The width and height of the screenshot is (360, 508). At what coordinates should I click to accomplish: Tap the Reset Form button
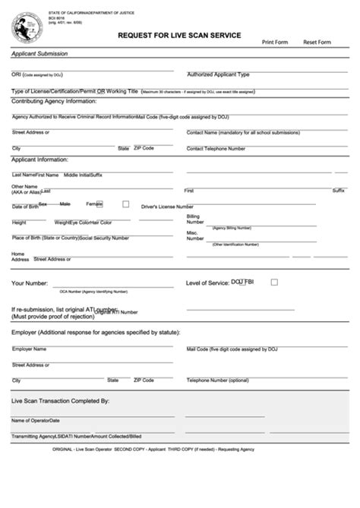[317, 42]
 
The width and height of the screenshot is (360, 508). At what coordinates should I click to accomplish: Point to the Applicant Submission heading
[39, 54]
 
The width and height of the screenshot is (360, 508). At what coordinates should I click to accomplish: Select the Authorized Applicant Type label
[218, 75]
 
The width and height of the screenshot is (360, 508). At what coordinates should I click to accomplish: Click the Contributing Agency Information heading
[54, 101]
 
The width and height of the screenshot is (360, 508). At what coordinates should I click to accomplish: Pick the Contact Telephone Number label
[216, 149]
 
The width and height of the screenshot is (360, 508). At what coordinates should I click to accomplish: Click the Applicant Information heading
[40, 160]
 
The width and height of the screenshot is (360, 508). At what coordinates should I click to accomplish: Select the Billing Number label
[194, 219]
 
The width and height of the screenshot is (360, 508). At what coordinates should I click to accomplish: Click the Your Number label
[29, 283]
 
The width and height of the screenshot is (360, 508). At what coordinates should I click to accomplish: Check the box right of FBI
[274, 282]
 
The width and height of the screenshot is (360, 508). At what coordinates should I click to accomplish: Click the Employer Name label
[29, 349]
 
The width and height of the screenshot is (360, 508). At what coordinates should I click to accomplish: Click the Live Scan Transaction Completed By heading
[61, 400]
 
